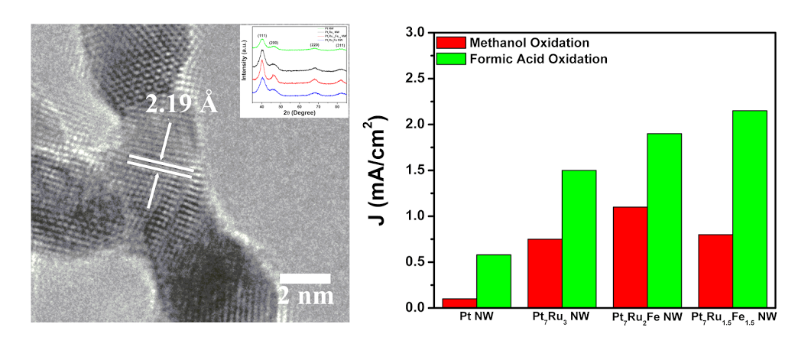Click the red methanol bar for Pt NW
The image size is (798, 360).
pos(459,303)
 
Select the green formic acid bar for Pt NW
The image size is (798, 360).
pos(494,281)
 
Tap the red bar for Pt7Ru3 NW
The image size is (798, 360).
pos(545,274)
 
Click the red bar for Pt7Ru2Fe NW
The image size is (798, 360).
pos(630,258)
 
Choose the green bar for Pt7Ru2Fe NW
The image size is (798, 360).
pos(664,221)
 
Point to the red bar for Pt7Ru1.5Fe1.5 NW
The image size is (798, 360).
pos(715,271)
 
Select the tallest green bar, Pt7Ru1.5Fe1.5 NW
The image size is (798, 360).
pos(750,209)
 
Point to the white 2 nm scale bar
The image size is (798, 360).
pos(304,278)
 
